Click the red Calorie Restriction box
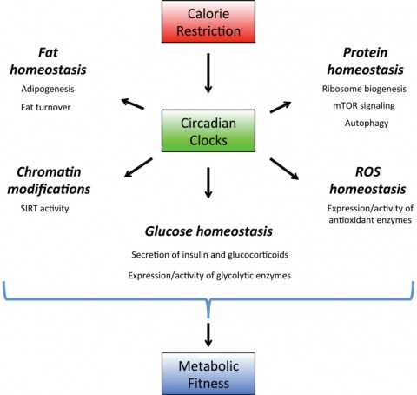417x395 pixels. click(x=208, y=22)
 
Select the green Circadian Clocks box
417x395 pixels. click(x=208, y=131)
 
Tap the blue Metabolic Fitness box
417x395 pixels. click(x=208, y=374)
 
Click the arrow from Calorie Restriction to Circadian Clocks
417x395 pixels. click(x=208, y=73)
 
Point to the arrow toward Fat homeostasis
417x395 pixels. click(x=132, y=104)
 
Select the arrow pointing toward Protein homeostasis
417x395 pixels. click(x=281, y=107)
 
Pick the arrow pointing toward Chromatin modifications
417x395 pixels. click(x=138, y=167)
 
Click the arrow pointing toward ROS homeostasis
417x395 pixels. click(x=284, y=169)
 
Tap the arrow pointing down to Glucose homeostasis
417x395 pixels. click(x=208, y=183)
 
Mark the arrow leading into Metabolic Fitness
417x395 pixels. click(x=208, y=335)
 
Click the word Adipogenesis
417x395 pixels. click(x=48, y=89)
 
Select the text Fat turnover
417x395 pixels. click(x=46, y=107)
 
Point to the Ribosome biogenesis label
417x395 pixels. click(x=364, y=89)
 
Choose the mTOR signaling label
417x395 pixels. click(x=364, y=106)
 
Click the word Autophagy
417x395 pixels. click(x=367, y=124)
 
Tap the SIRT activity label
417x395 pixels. click(x=44, y=209)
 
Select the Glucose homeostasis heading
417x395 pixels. click(x=208, y=231)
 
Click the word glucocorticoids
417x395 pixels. click(x=258, y=255)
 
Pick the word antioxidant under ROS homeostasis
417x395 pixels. click(x=347, y=220)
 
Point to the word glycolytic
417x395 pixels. click(x=235, y=276)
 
